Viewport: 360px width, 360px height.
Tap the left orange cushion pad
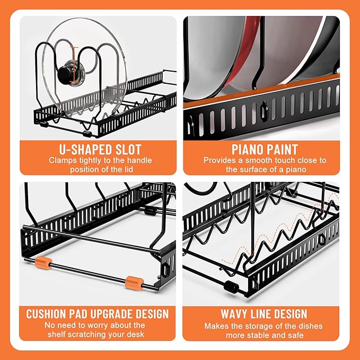tap(43, 263)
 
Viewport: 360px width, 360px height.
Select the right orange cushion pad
tap(135, 283)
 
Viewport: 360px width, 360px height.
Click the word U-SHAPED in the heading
tap(85, 150)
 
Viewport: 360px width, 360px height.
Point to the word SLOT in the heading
tap(128, 150)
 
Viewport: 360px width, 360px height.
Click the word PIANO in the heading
tap(245, 150)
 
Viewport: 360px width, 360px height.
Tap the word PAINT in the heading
tap(280, 150)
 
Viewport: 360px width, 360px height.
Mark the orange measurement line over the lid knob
tap(74, 65)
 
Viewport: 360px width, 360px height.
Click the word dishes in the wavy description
tap(310, 326)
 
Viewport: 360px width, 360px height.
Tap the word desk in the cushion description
tap(136, 334)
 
